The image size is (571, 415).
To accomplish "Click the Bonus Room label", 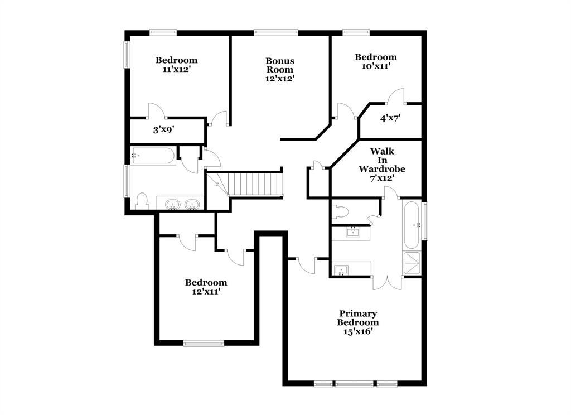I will [280, 65].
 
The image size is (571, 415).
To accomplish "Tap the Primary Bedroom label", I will [357, 318].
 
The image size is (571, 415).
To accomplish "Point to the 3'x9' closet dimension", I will [164, 130].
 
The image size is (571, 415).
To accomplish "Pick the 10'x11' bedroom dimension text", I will [376, 66].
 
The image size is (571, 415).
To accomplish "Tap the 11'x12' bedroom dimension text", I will [176, 69].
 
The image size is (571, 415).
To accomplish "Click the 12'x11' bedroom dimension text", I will [206, 292].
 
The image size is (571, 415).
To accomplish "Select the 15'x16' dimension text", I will [357, 331].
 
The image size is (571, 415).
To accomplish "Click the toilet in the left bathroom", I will [142, 201].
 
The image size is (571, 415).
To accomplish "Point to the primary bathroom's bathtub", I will [412, 225].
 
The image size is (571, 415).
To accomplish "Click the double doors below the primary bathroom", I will [387, 282].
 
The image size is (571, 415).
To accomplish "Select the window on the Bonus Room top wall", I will [276, 32].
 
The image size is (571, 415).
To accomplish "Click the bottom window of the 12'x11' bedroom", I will [204, 344].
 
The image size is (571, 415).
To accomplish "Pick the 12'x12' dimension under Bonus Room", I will [280, 79].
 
